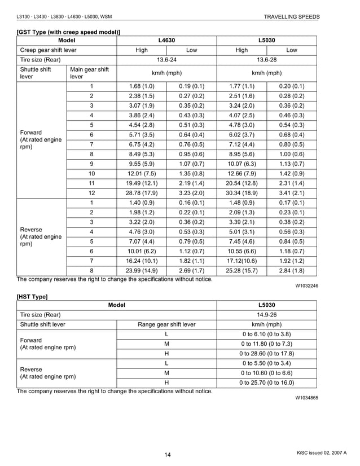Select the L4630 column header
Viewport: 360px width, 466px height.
pyautogui.click(x=167, y=41)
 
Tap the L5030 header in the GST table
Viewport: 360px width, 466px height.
pyautogui.click(x=267, y=41)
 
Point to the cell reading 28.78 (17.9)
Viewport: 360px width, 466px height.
pyautogui.click(x=142, y=193)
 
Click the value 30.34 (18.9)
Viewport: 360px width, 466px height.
pyautogui.click(x=242, y=193)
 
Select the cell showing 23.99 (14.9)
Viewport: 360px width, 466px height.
pyautogui.click(x=142, y=271)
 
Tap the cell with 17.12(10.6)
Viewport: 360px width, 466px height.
pyautogui.click(x=242, y=261)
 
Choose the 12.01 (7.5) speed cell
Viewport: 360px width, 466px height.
pyautogui.click(x=142, y=174)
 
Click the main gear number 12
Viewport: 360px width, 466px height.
pyautogui.click(x=91, y=193)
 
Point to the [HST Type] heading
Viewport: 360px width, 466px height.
pyautogui.click(x=32, y=296)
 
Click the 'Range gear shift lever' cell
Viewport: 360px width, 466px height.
pyautogui.click(x=166, y=324)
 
